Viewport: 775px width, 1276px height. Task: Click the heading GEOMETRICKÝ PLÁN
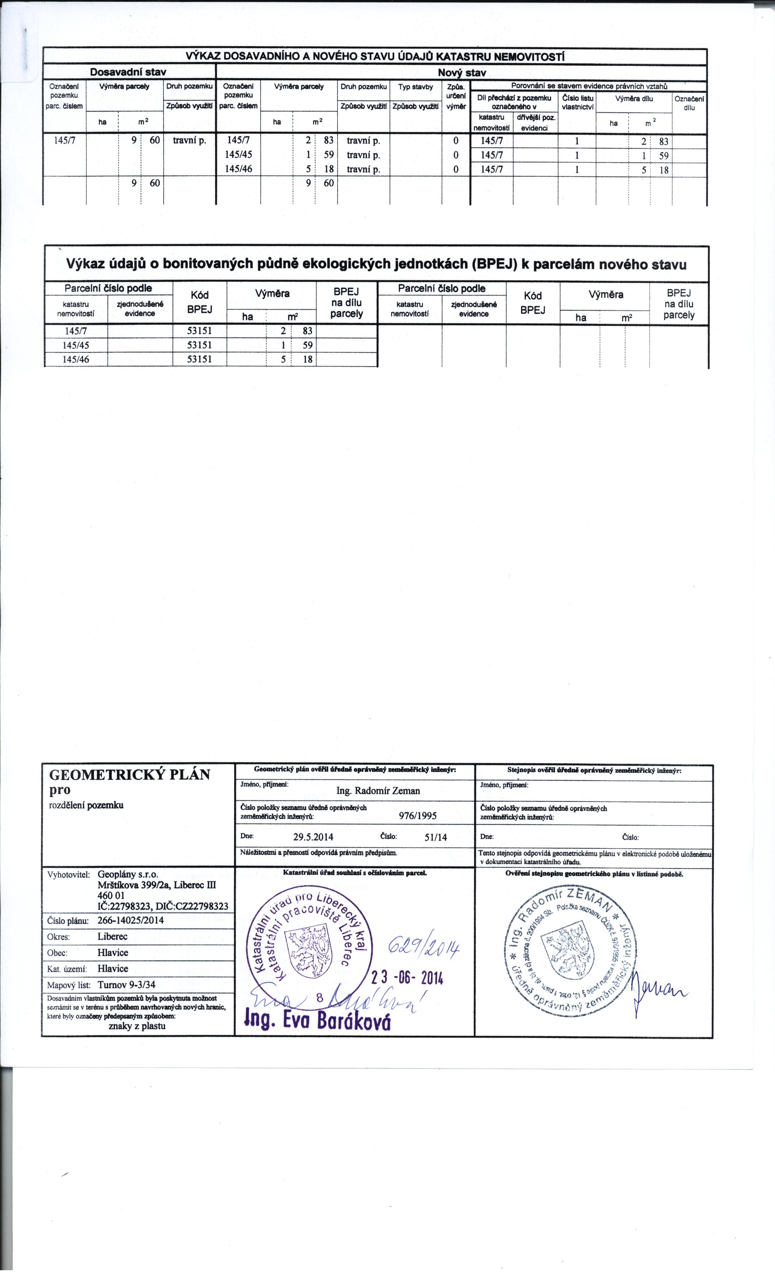click(129, 775)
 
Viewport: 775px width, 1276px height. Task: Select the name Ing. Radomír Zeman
click(378, 791)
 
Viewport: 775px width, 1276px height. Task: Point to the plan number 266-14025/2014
click(131, 920)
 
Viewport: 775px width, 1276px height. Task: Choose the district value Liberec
click(112, 936)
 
